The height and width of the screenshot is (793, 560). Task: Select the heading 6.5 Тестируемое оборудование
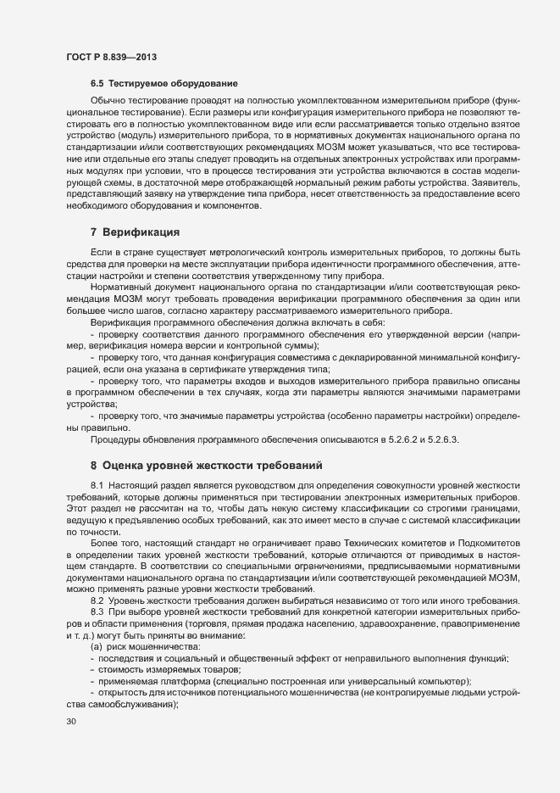[164, 84]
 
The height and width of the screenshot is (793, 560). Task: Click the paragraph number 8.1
[97, 483]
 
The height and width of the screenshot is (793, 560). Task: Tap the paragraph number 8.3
[97, 612]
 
